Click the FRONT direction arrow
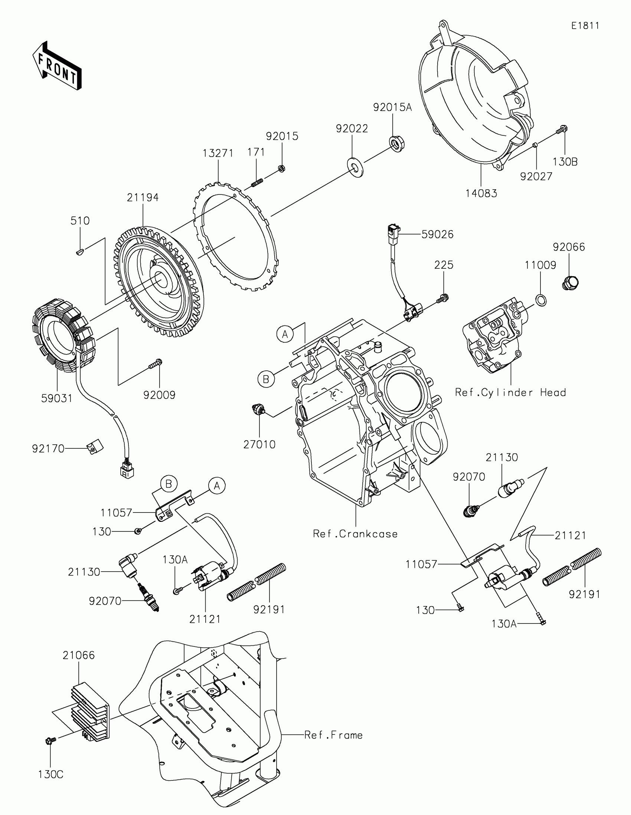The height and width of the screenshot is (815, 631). click(57, 66)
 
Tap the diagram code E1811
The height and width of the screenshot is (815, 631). click(585, 26)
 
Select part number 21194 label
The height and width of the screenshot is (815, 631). click(143, 197)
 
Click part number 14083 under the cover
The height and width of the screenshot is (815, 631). click(481, 193)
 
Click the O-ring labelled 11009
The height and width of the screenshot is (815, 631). click(541, 299)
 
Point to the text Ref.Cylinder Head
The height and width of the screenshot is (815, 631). click(510, 392)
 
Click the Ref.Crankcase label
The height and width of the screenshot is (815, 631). click(355, 534)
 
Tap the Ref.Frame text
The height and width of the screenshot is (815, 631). click(333, 735)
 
